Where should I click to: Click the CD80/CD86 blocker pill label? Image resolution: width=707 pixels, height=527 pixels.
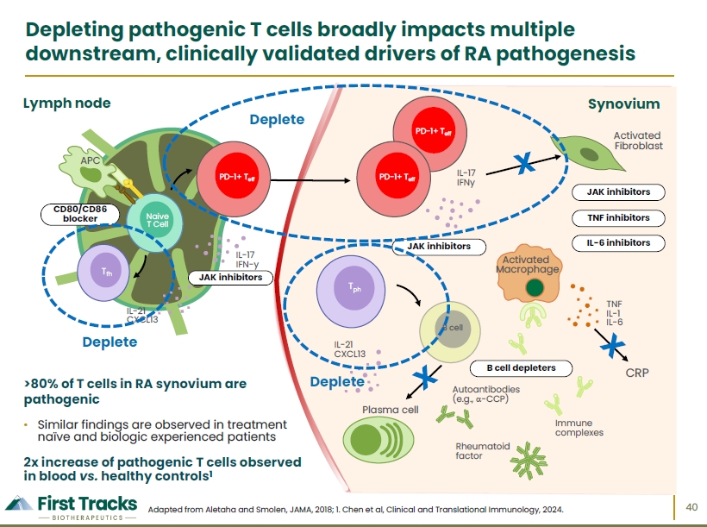pyautogui.click(x=80, y=214)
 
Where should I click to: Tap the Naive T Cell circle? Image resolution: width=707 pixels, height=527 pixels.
pyautogui.click(x=154, y=223)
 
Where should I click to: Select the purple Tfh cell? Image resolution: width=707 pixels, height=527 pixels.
pyautogui.click(x=103, y=273)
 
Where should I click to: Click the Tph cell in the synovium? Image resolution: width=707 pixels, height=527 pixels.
pyautogui.click(x=351, y=291)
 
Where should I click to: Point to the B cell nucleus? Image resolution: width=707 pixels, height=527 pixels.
pyautogui.click(x=454, y=329)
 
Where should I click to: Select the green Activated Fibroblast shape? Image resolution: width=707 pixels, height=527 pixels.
pyautogui.click(x=588, y=153)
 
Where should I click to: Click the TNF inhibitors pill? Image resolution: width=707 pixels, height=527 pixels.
pyautogui.click(x=618, y=218)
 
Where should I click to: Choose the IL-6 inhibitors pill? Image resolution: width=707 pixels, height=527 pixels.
pyautogui.click(x=618, y=242)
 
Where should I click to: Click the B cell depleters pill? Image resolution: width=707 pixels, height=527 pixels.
pyautogui.click(x=521, y=368)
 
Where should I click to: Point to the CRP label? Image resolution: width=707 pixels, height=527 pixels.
pyautogui.click(x=637, y=373)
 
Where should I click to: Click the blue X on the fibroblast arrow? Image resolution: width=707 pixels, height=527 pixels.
pyautogui.click(x=524, y=163)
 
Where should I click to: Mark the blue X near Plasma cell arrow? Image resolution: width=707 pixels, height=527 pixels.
pyautogui.click(x=425, y=377)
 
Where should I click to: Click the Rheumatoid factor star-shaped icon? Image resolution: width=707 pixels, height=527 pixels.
pyautogui.click(x=529, y=461)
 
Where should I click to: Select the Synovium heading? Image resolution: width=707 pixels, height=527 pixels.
pyautogui.click(x=623, y=104)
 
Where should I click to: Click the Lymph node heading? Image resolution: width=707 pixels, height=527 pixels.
pyautogui.click(x=66, y=104)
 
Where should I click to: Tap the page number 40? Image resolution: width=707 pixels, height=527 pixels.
pyautogui.click(x=691, y=507)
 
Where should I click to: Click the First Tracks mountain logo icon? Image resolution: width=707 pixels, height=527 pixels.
pyautogui.click(x=19, y=504)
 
